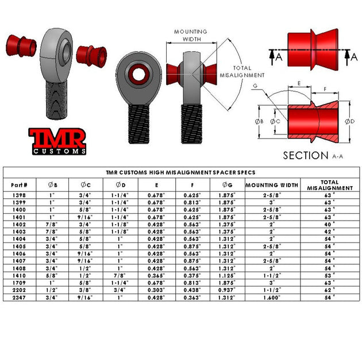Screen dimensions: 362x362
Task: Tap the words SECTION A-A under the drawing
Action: coord(314,155)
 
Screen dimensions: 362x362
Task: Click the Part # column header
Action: coord(20,185)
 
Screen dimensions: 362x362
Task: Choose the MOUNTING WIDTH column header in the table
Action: coord(272,185)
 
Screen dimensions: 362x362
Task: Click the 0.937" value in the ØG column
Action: coord(225,291)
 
